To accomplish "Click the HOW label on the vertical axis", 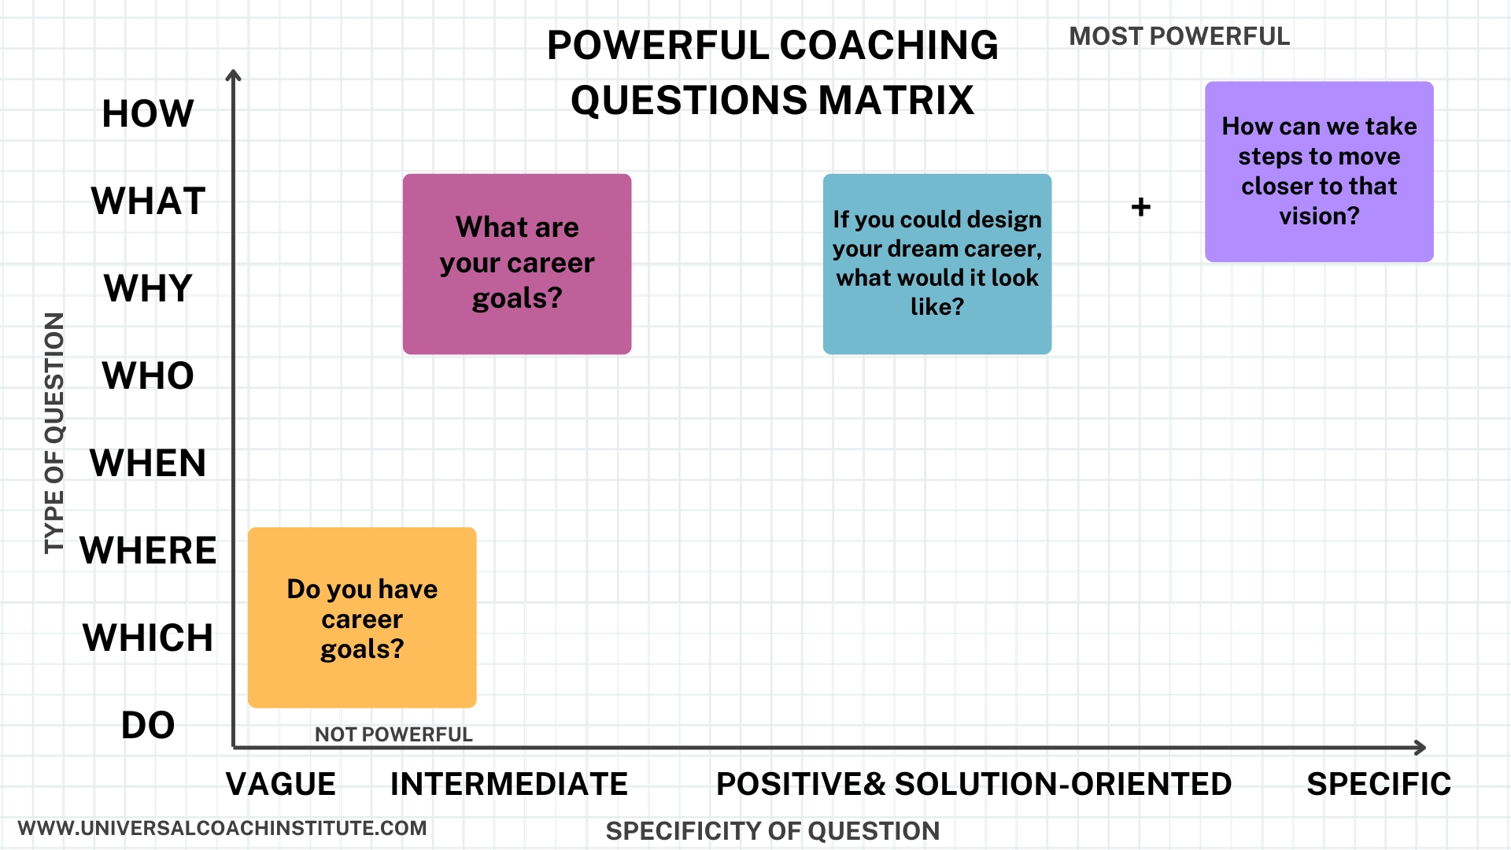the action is (x=148, y=113).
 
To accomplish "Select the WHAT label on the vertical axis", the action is (x=148, y=201).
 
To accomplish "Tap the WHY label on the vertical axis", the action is (x=148, y=288).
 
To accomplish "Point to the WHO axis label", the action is (x=148, y=375).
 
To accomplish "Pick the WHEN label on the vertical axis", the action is (x=148, y=463).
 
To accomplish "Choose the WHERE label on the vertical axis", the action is (x=148, y=550).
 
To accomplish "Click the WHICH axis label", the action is (x=148, y=637).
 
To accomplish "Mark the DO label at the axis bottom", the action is (x=148, y=725).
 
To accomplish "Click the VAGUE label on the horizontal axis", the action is (x=281, y=784).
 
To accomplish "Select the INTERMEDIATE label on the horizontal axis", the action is (x=509, y=784).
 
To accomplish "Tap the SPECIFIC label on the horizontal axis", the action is (x=1379, y=784).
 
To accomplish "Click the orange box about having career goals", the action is (x=362, y=618).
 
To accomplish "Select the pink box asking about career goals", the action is (x=517, y=264).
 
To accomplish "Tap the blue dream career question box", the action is (x=937, y=264).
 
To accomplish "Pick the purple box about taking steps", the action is (x=1319, y=172).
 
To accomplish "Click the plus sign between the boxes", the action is (x=1141, y=207).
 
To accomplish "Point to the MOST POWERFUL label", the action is (x=1180, y=36).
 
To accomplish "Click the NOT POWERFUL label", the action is (x=393, y=734).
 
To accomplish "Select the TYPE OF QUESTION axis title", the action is (x=54, y=433).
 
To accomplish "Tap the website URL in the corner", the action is (x=223, y=828).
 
